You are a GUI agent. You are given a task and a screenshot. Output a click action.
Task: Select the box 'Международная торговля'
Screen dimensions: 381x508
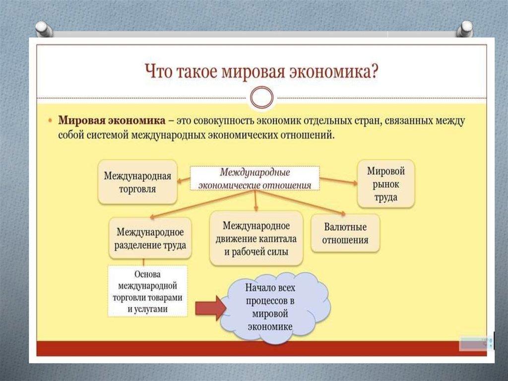pos(137,182)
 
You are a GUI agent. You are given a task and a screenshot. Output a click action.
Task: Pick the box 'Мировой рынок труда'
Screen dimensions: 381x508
pos(386,184)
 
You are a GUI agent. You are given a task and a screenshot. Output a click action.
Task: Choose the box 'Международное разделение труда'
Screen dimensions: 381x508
pos(150,238)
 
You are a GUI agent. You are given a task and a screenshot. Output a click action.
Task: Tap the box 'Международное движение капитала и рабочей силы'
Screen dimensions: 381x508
pos(256,238)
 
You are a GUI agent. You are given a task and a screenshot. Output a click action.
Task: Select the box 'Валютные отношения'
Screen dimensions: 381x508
pos(345,233)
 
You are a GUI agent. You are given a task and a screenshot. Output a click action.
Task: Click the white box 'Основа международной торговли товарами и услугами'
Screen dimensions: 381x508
pos(147,291)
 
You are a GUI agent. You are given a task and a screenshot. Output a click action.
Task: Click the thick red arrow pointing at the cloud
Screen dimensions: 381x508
pos(210,308)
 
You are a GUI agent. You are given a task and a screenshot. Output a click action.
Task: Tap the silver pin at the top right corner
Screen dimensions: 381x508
pos(465,29)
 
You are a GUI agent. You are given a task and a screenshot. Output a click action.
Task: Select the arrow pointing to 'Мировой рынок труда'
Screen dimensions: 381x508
pos(339,180)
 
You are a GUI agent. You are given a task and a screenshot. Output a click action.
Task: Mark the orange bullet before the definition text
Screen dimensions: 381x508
pos(51,121)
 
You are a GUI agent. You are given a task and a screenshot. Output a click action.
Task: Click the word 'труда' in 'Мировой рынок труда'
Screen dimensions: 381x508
pos(386,197)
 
